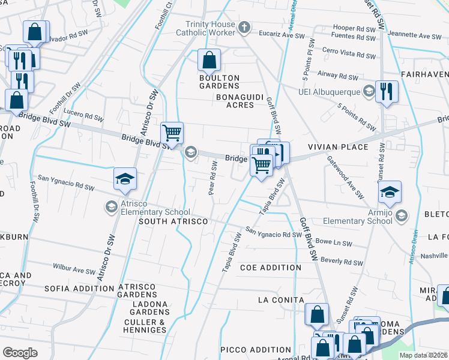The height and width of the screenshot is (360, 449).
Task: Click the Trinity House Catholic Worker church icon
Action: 244,27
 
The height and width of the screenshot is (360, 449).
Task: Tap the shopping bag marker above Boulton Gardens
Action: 209,60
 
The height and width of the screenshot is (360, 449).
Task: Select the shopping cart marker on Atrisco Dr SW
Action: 172,133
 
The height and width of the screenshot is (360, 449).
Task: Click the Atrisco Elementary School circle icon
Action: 111,207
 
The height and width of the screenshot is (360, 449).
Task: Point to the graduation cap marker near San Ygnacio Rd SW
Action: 125,179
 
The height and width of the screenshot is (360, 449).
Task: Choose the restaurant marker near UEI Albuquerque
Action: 387,91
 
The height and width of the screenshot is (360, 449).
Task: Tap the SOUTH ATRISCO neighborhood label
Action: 173,221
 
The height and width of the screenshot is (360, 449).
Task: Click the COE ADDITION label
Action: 271,267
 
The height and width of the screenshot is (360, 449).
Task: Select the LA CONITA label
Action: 281,299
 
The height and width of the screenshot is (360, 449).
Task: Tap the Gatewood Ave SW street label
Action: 346,178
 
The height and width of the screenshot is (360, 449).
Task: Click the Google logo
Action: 20,353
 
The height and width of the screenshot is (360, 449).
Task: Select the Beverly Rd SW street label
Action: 342,261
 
